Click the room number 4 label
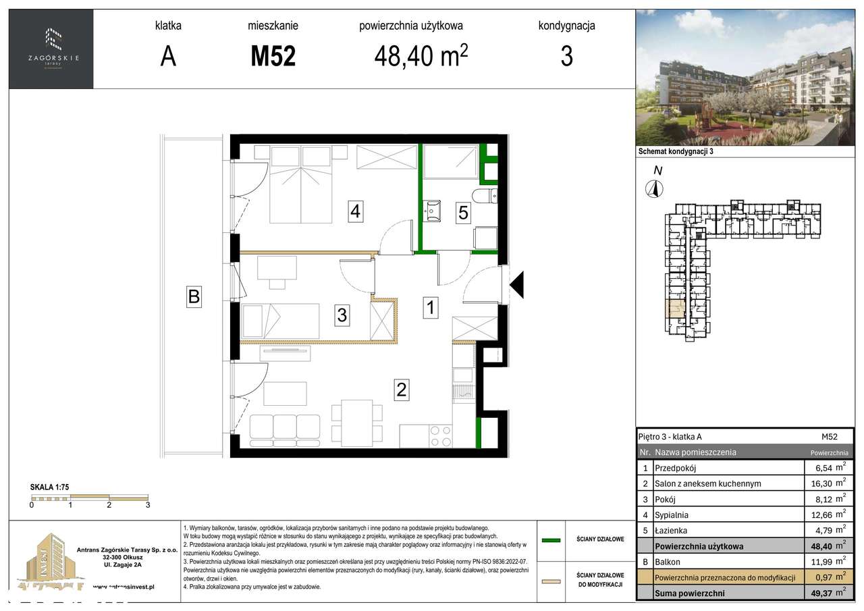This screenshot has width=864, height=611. pyautogui.click(x=355, y=212)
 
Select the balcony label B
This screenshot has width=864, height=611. pyautogui.click(x=194, y=296)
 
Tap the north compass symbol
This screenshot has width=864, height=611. pyautogui.click(x=654, y=188)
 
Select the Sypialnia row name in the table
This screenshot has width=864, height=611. pyautogui.click(x=672, y=515)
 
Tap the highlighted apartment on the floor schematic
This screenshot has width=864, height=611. pyautogui.click(x=675, y=310)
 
